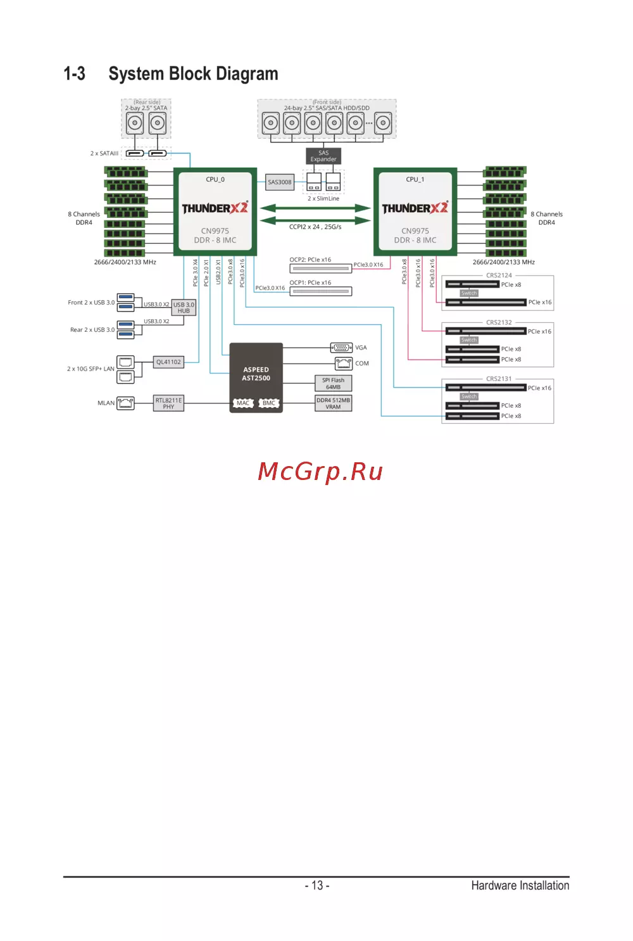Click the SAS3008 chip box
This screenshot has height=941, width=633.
click(x=280, y=182)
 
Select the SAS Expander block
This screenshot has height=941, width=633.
click(x=323, y=156)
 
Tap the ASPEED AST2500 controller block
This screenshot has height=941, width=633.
click(x=256, y=374)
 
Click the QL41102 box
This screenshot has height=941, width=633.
click(x=168, y=362)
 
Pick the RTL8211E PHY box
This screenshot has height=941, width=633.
click(x=168, y=403)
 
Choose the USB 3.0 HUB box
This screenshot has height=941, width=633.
click(x=184, y=308)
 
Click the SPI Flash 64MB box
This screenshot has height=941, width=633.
click(x=333, y=384)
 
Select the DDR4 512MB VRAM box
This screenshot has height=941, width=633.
click(x=333, y=403)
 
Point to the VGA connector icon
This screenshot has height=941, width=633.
click(x=342, y=348)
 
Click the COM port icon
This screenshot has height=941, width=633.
click(x=344, y=363)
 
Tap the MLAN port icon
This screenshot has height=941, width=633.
click(x=126, y=403)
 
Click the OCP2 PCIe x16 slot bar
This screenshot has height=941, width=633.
click(x=320, y=268)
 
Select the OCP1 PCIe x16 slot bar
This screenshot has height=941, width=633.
click(x=320, y=291)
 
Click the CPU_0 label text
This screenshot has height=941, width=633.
click(x=215, y=180)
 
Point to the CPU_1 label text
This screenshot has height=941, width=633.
click(x=415, y=180)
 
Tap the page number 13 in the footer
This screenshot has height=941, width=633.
click(x=317, y=885)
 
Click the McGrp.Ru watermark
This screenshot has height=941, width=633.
click(x=320, y=472)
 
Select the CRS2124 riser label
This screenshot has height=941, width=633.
click(x=499, y=275)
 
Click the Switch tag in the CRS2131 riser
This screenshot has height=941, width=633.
click(x=469, y=396)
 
